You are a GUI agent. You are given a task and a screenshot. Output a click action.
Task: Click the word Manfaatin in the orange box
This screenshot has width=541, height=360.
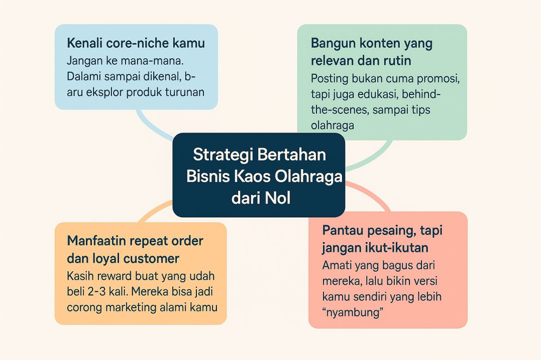tap(95, 241)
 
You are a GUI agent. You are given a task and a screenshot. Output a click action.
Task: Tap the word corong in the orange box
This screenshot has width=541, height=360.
tap(84, 307)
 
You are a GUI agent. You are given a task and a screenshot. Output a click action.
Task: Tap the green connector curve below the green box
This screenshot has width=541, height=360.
tap(374, 156)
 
